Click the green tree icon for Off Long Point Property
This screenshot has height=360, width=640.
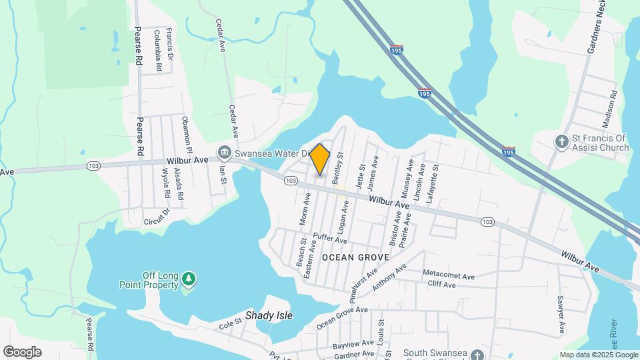190,278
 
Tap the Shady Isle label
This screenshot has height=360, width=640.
269,315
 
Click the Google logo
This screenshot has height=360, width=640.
22,352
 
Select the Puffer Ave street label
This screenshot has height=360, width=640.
331,239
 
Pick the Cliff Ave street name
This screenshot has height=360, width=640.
441,285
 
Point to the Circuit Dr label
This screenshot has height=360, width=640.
157,218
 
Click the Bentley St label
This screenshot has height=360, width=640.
339,168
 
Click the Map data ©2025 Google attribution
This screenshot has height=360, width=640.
598,355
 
